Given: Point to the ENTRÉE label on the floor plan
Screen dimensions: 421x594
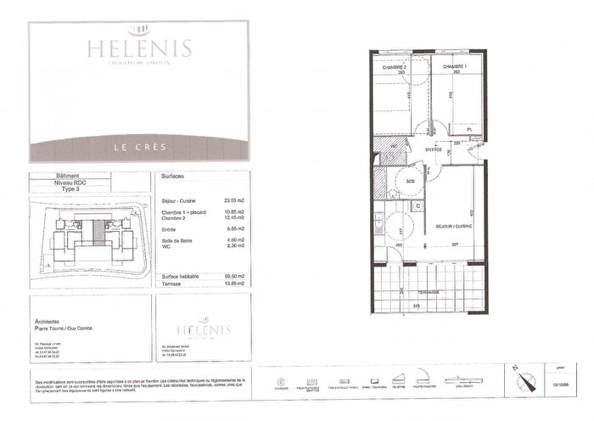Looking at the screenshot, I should click(x=434, y=149).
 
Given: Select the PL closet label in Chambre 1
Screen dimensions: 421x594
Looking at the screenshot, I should click(x=468, y=129).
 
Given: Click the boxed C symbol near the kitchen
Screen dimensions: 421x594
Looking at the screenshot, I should click(x=417, y=205).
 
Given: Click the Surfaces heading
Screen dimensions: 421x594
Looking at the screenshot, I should click(x=172, y=177).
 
